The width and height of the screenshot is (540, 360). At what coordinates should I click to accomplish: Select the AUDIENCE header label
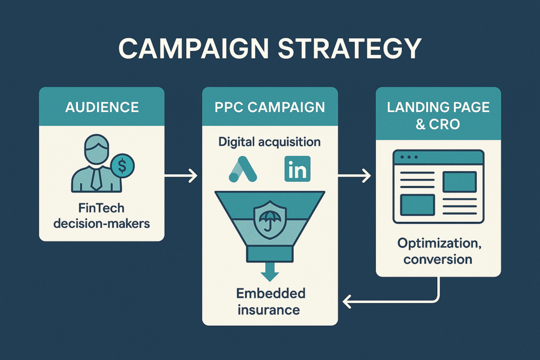[x=102, y=108]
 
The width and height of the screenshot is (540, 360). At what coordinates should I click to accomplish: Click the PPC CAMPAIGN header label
[x=269, y=108]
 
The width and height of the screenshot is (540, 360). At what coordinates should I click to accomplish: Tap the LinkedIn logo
[x=297, y=169]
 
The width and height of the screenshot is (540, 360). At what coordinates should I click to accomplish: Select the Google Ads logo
[x=242, y=169]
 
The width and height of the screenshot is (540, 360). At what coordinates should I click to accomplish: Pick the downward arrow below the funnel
[x=270, y=273]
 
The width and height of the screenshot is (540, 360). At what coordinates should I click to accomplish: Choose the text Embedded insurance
[x=269, y=301]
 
